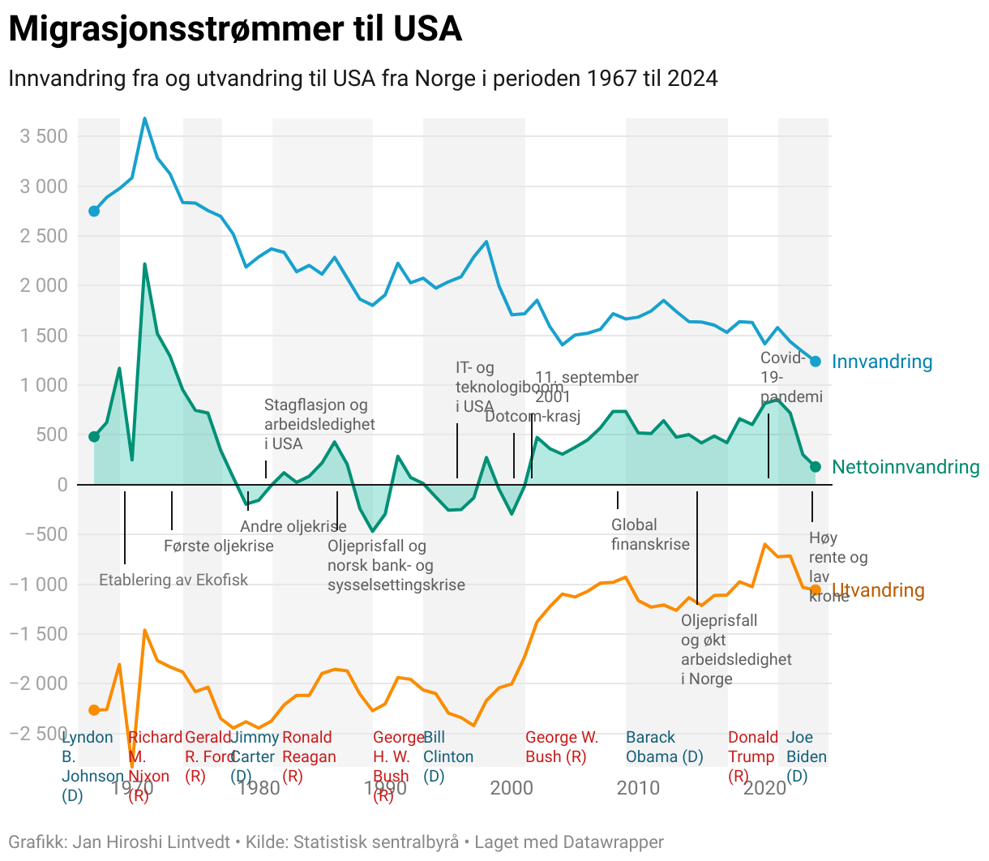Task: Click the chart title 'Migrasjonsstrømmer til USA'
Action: tap(235, 30)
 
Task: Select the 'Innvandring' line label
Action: tap(882, 362)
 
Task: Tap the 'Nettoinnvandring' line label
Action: tap(906, 467)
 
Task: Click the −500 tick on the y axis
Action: tap(39, 534)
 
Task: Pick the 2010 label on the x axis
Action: tap(638, 787)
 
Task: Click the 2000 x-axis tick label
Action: tap(512, 787)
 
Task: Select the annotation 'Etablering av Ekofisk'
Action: tap(173, 580)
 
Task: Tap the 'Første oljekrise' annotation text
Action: tap(219, 546)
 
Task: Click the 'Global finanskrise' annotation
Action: tap(650, 534)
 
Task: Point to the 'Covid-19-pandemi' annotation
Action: tap(790, 377)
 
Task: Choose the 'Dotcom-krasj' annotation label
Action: tap(533, 417)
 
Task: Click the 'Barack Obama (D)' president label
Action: tap(664, 747)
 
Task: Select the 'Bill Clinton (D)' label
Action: tap(447, 756)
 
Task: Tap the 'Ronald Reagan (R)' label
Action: tap(309, 756)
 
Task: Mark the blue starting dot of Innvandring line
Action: tap(94, 211)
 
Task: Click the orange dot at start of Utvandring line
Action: tap(94, 710)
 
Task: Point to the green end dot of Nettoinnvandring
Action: tap(816, 467)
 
